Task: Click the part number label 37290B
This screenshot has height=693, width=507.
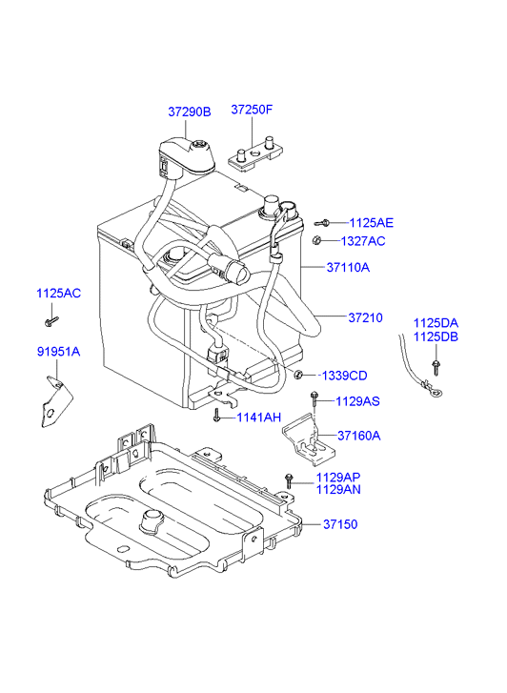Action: (x=190, y=112)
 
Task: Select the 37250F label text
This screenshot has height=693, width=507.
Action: (x=252, y=110)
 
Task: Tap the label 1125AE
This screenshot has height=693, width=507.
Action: (x=372, y=223)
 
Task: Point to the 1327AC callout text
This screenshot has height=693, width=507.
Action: (x=363, y=241)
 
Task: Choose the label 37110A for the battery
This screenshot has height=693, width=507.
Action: (x=348, y=268)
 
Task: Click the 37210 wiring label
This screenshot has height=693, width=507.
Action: (x=366, y=317)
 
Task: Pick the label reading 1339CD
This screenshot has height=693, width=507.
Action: (x=344, y=376)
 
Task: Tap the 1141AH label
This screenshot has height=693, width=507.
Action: (x=259, y=418)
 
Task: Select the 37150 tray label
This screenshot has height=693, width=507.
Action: (x=340, y=524)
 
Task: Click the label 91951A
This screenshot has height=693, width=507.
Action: (x=58, y=352)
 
